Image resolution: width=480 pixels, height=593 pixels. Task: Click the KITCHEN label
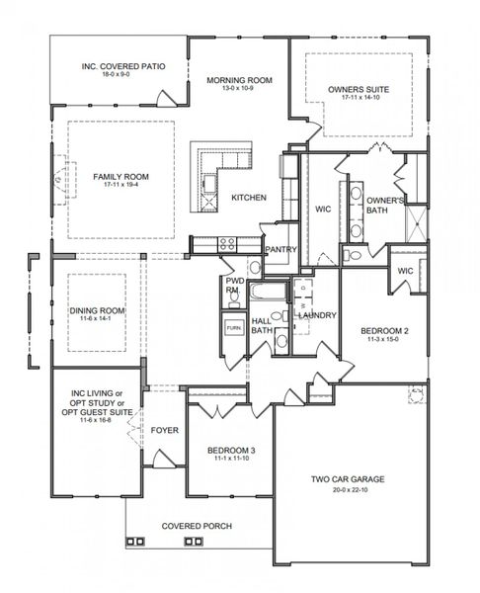[248, 198]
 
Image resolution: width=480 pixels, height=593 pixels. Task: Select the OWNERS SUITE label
[358, 89]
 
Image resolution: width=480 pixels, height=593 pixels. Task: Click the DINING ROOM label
[96, 311]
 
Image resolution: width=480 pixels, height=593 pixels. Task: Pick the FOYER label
[163, 431]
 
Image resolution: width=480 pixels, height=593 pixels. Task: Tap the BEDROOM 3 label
[231, 451]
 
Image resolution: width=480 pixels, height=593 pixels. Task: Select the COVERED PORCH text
[198, 526]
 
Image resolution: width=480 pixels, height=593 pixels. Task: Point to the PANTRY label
[280, 250]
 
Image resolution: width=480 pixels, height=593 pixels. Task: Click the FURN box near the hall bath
[233, 327]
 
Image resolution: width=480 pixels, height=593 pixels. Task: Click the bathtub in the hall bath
[265, 293]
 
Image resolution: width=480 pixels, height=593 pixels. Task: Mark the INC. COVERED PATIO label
[122, 67]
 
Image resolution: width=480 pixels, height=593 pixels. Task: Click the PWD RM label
[234, 286]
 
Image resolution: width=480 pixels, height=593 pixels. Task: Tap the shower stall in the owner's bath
[417, 219]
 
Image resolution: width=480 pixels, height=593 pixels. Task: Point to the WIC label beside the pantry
[322, 209]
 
